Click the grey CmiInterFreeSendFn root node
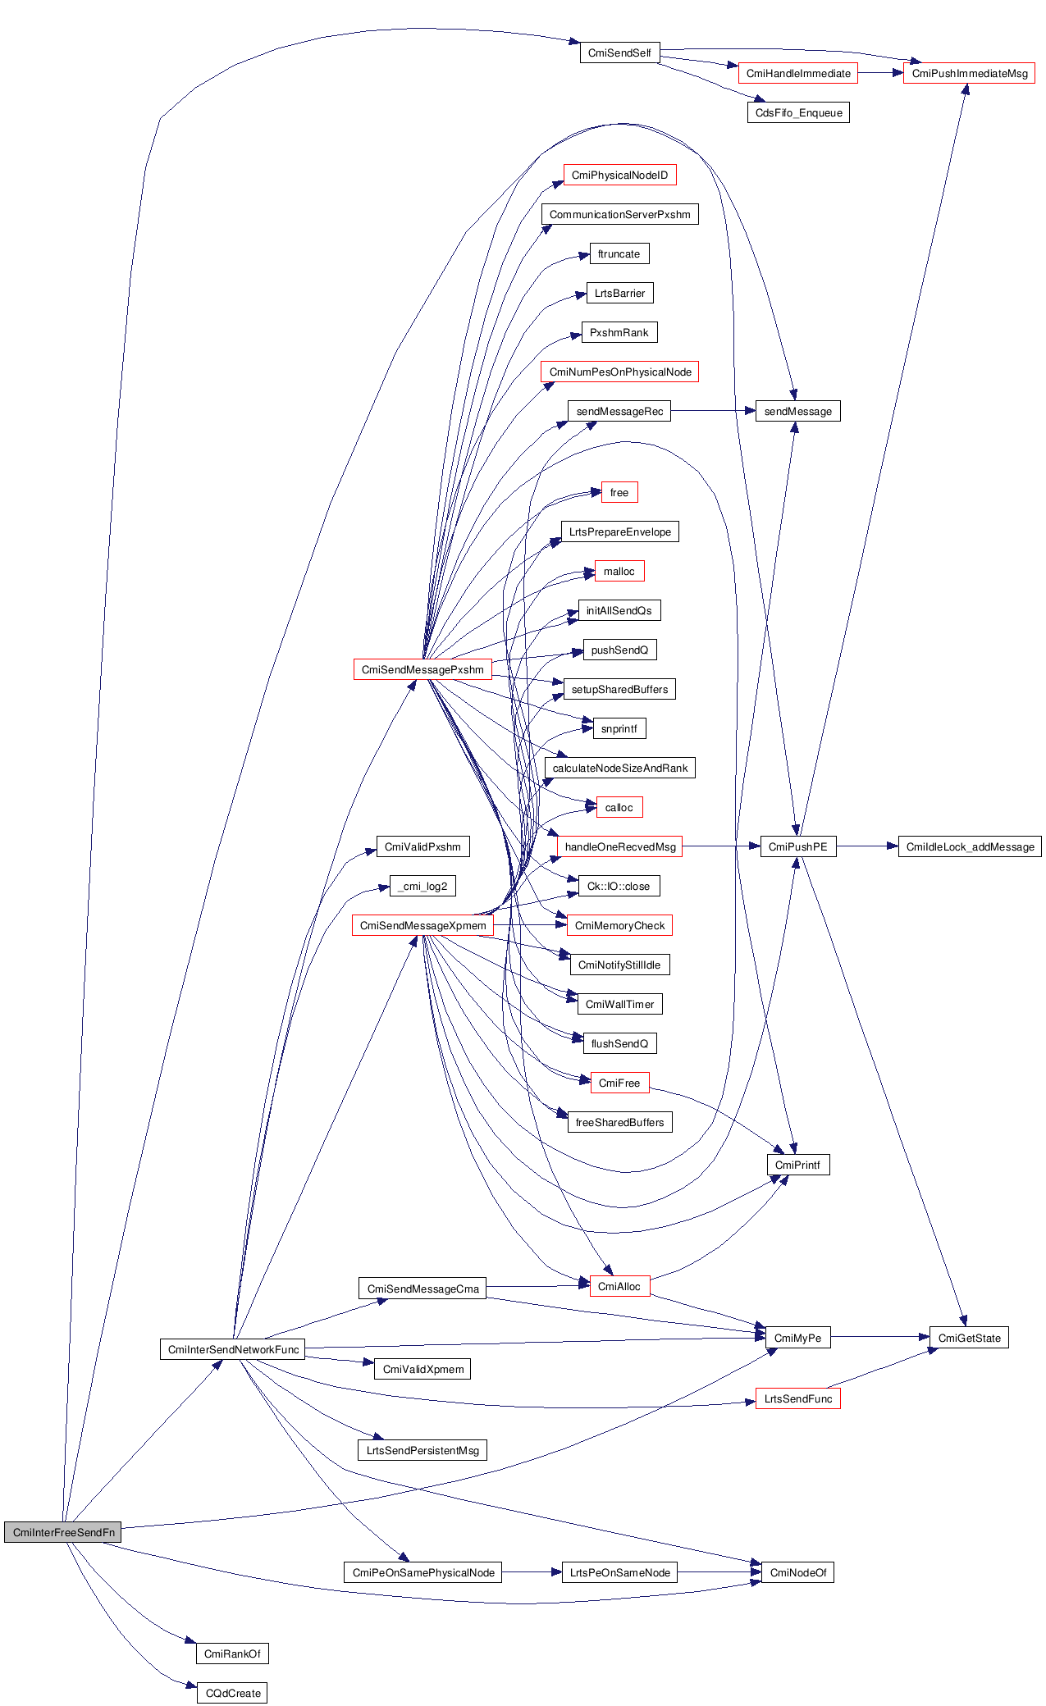click(x=62, y=1532)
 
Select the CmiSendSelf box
click(x=619, y=53)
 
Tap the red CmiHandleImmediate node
click(x=798, y=73)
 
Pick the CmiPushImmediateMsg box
click(x=969, y=73)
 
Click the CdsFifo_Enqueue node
click(x=798, y=112)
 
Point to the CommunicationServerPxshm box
click(x=619, y=214)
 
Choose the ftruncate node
click(x=619, y=253)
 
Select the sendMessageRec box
click(x=619, y=411)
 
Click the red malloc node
click(x=619, y=571)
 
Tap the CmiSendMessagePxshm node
click(x=423, y=669)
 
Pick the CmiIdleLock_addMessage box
click(x=970, y=846)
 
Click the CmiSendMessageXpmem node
click(x=423, y=925)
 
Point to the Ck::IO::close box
click(x=619, y=886)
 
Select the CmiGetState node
click(x=969, y=1338)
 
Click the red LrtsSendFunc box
click(x=798, y=1398)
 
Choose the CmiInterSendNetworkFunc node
click(x=233, y=1349)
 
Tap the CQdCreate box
click(x=233, y=1693)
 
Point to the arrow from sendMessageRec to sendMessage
click(x=712, y=411)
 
